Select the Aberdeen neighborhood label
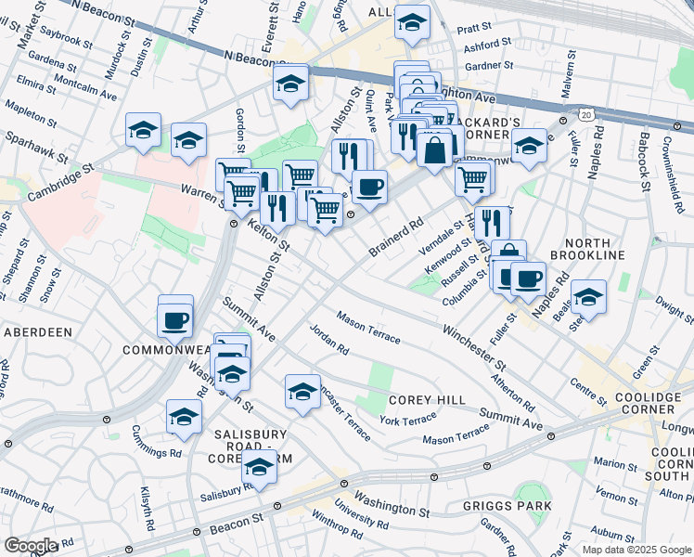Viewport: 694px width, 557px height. tap(38, 332)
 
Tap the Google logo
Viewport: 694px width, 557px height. tap(31, 546)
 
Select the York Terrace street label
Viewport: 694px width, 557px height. tap(407, 421)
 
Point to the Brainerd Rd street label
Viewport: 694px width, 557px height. tap(396, 237)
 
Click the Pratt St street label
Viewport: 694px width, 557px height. tap(484, 28)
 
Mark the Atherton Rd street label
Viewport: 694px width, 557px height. tap(515, 393)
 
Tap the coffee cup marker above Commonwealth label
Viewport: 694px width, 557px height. tap(174, 320)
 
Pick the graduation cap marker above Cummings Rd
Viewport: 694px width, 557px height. tap(184, 417)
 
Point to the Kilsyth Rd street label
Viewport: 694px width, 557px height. tap(146, 509)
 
